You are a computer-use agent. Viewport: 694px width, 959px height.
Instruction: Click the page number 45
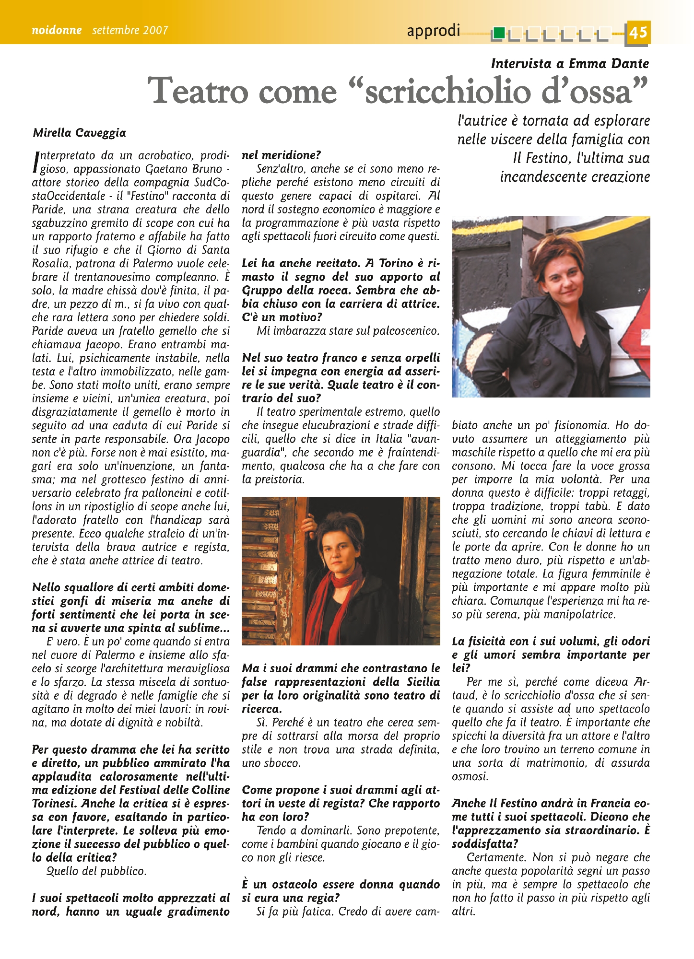pos(638,32)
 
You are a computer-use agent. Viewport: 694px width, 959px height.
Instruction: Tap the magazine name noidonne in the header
pos(57,30)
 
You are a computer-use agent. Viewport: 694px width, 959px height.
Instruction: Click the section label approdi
pos(433,31)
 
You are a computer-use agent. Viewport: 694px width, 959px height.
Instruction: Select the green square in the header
pos(499,33)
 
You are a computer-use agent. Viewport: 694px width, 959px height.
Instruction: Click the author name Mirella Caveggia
pos(79,133)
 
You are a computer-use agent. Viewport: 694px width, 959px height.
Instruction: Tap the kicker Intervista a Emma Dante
pos(570,63)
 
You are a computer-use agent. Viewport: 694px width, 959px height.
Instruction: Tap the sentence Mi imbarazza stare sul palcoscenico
pos(348,331)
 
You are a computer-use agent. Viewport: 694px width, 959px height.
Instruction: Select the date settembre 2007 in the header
pos(130,30)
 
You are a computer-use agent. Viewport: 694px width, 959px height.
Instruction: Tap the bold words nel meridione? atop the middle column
pos(281,155)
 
